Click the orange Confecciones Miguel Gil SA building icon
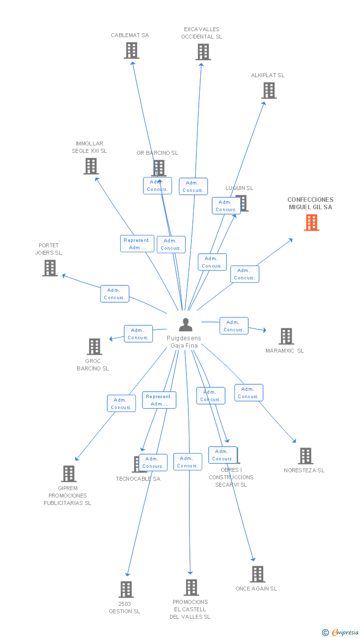(311, 223)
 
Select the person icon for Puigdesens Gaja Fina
(185, 324)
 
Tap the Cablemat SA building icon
(131, 50)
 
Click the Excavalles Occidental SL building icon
(203, 52)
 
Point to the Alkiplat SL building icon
(269, 91)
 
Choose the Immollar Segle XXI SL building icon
(90, 166)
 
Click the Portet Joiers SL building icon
(49, 268)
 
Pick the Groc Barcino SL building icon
(94, 347)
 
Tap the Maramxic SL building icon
(286, 336)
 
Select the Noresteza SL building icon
(305, 456)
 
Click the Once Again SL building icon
(257, 574)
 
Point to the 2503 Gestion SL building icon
(126, 590)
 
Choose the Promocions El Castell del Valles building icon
(191, 588)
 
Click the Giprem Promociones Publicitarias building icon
(68, 474)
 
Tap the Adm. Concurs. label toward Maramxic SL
(234, 326)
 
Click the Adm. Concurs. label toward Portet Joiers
(115, 294)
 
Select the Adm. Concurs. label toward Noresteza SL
(248, 393)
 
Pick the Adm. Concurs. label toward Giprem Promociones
(121, 404)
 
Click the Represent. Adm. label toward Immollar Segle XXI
(137, 244)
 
